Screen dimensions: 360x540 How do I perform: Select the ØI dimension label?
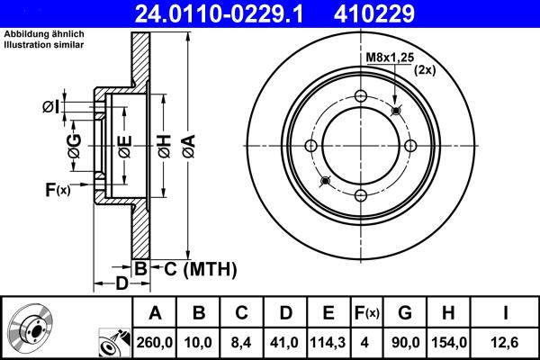pos(50,108)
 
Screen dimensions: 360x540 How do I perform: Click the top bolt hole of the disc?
pos(361,97)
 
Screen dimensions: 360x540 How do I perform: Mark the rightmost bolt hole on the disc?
pos(410,147)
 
